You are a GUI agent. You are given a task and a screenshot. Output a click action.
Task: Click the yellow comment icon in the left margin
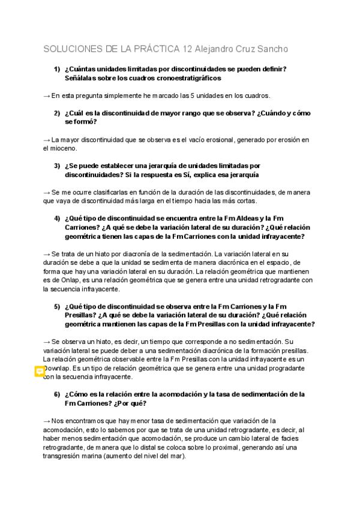click(39, 372)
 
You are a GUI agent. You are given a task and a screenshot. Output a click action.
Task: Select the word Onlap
click(78, 280)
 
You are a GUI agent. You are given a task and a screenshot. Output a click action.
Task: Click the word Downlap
click(59, 368)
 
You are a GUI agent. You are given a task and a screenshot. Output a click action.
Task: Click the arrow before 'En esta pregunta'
click(47, 95)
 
